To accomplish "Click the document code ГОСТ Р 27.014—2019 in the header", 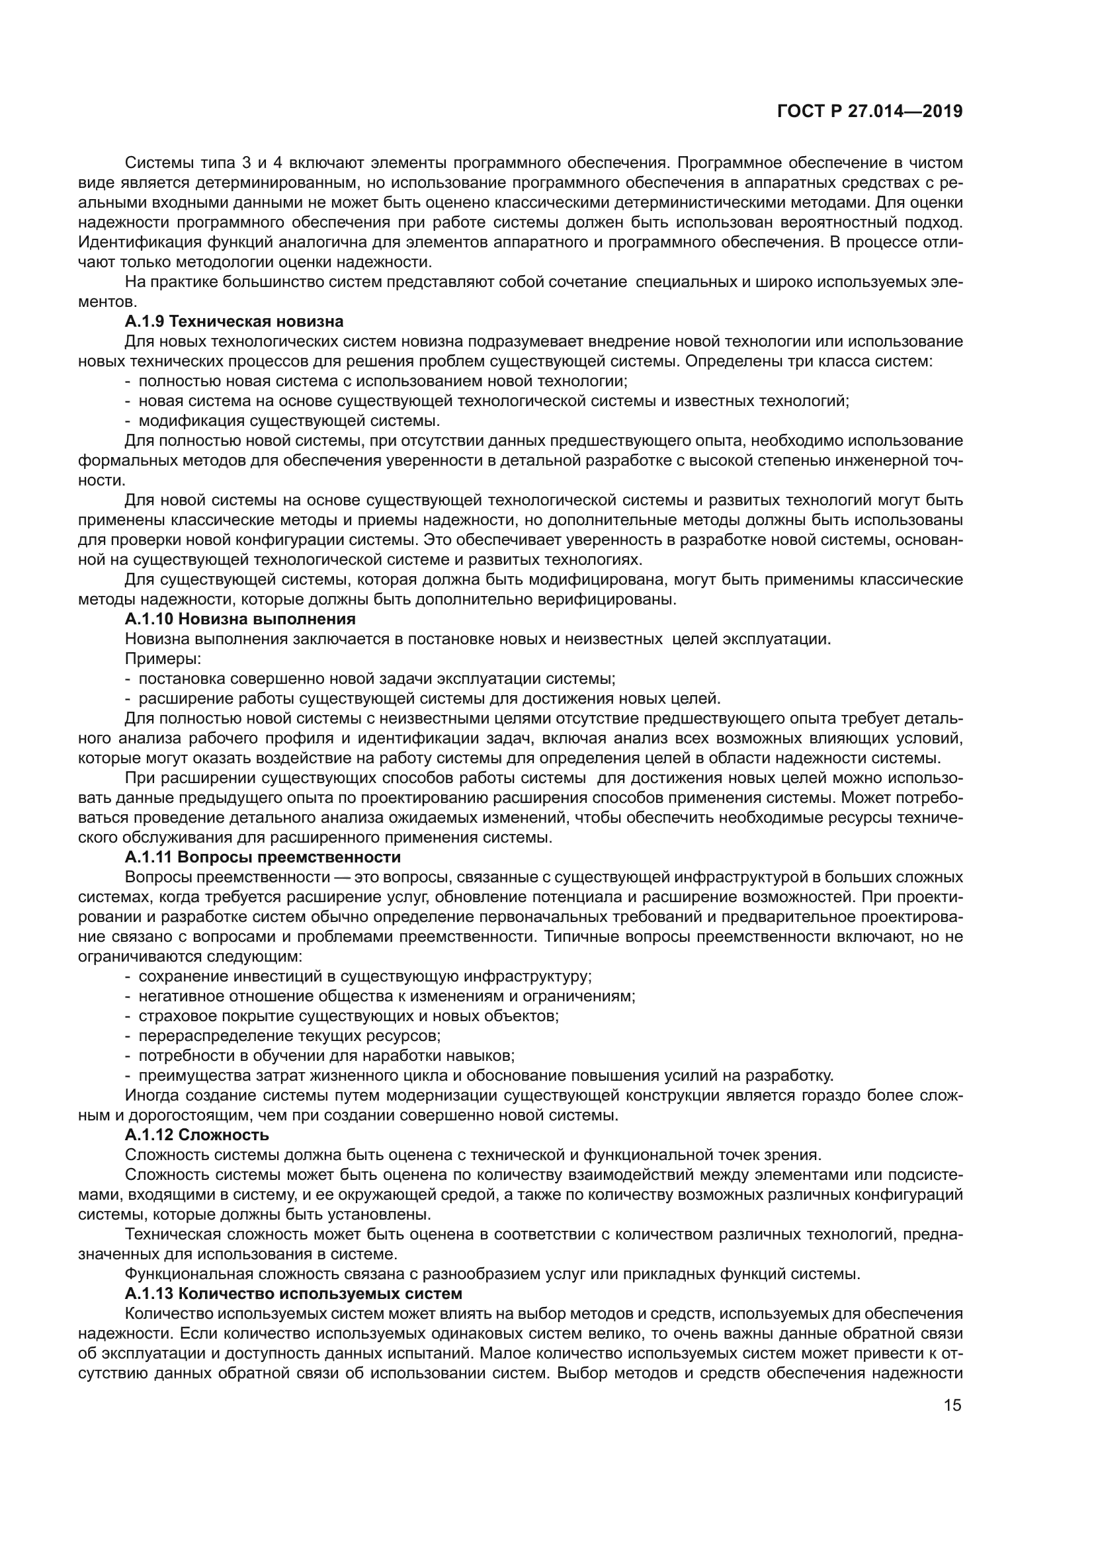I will (869, 112).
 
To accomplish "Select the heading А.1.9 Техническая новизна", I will (233, 321).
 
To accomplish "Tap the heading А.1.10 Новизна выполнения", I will (240, 618).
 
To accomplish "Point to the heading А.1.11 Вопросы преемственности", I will (263, 857).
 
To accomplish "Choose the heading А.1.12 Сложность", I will (196, 1135).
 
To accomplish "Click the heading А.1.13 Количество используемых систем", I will (293, 1294).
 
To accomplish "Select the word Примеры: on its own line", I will (165, 658).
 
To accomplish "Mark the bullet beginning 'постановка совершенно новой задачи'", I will (376, 679).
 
